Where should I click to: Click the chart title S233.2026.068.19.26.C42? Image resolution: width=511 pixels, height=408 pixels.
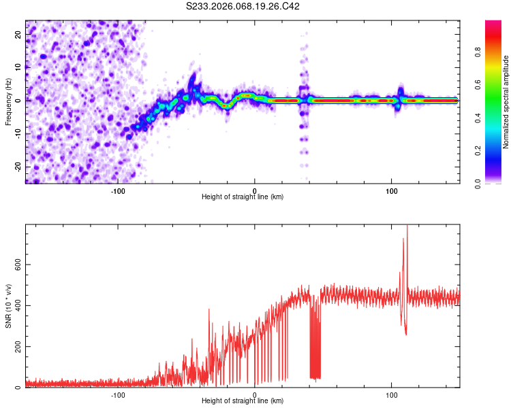pos(243,6)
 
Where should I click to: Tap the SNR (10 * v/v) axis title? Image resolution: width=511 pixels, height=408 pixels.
pos(8,306)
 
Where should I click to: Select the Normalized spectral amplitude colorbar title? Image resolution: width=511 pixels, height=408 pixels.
pos(506,102)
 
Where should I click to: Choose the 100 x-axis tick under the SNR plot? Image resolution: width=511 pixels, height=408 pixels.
pos(392,394)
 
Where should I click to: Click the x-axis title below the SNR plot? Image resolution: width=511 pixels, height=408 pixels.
pos(243,401)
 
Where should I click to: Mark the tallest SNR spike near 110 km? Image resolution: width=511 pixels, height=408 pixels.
pos(407,227)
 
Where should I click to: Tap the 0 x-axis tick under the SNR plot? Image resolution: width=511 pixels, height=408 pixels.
pos(255,394)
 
